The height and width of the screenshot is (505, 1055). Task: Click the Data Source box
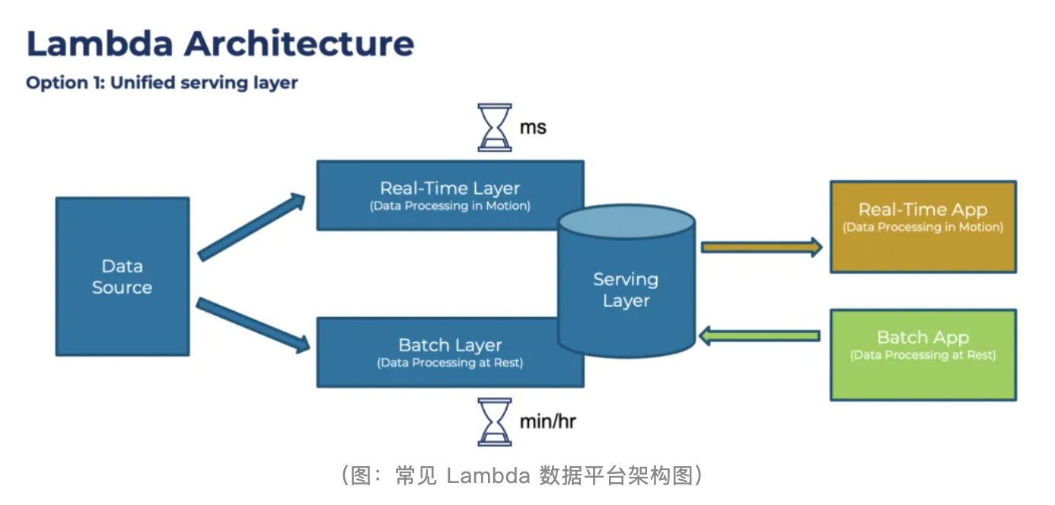(122, 276)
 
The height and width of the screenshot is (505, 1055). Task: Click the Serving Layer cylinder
(626, 290)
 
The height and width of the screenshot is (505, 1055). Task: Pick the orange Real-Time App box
(923, 227)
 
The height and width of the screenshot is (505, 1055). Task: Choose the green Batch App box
(923, 354)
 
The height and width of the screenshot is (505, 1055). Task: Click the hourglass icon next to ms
(495, 128)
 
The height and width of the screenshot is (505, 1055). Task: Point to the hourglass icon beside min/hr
(495, 421)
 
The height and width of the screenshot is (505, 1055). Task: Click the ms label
(533, 127)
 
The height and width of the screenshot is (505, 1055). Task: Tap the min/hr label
(547, 421)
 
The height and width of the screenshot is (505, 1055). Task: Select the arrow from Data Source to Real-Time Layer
(251, 227)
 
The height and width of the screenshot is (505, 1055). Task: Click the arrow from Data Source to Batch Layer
(253, 326)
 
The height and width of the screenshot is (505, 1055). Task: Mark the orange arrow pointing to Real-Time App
(761, 246)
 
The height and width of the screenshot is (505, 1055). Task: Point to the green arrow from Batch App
(760, 335)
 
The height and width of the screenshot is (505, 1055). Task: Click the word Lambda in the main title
(100, 43)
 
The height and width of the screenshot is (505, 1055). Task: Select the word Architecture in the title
(299, 43)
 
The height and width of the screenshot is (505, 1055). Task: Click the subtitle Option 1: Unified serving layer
(161, 83)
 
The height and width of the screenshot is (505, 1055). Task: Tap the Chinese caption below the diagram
(521, 476)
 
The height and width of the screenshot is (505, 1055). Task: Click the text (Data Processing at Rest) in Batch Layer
(450, 364)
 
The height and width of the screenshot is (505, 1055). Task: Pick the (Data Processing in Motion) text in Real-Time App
(923, 227)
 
